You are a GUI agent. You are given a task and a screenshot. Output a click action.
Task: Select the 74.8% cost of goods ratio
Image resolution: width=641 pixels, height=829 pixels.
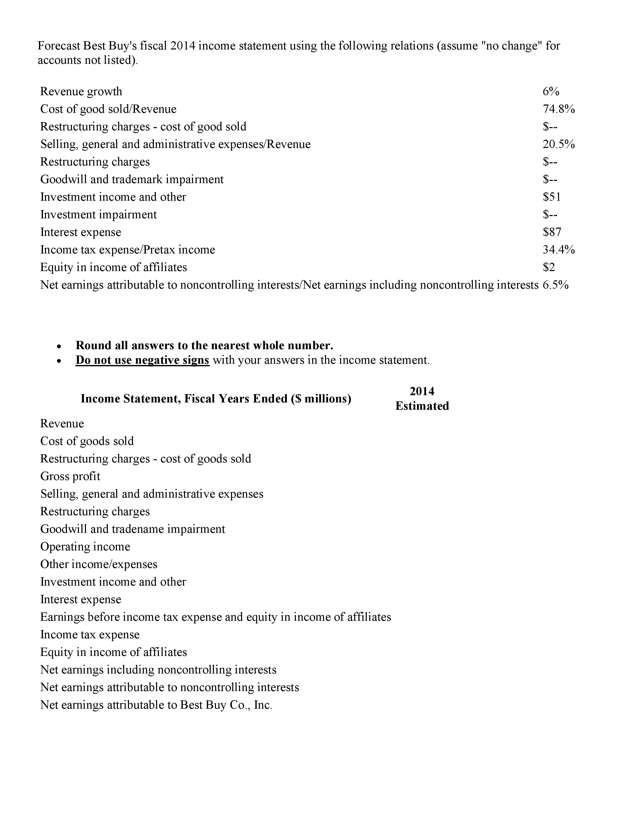click(559, 109)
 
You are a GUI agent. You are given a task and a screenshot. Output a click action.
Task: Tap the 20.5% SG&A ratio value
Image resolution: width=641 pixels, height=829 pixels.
click(559, 144)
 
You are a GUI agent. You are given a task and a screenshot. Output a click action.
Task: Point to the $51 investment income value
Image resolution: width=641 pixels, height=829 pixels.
click(552, 197)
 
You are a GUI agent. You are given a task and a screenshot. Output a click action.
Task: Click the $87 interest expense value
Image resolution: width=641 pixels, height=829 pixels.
click(552, 232)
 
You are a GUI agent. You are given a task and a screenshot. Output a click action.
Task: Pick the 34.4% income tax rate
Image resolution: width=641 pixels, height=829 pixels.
click(559, 250)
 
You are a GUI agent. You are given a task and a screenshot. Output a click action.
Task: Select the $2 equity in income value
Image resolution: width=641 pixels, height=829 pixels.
click(549, 267)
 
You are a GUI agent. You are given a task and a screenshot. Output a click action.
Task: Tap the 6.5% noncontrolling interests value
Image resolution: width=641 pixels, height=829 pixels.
click(556, 285)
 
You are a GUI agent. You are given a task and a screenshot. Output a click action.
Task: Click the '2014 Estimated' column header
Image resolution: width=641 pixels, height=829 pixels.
click(422, 399)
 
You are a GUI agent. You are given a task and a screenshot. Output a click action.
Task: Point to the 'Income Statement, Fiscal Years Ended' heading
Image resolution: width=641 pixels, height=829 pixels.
click(216, 399)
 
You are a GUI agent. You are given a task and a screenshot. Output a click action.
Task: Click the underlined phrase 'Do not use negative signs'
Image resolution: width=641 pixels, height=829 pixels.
click(142, 360)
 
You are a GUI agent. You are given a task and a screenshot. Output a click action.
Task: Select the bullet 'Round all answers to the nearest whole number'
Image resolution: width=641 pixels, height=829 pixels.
click(204, 345)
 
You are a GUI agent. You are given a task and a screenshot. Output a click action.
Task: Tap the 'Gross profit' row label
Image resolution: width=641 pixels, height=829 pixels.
click(70, 476)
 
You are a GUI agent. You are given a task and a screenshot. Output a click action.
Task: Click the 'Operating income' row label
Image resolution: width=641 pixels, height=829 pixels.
click(85, 547)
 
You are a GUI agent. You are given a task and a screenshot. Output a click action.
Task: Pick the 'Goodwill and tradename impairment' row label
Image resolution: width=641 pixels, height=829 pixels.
click(132, 529)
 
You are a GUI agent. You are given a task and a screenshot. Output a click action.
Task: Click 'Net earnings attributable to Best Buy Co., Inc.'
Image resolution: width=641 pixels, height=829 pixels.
click(156, 705)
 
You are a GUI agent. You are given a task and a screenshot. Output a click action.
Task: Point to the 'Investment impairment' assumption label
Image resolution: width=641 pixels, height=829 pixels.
click(98, 215)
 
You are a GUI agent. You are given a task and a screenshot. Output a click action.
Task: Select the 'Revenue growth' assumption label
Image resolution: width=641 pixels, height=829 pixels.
click(81, 91)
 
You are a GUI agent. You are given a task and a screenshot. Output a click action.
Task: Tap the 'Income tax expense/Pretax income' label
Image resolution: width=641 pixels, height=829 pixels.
click(128, 250)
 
